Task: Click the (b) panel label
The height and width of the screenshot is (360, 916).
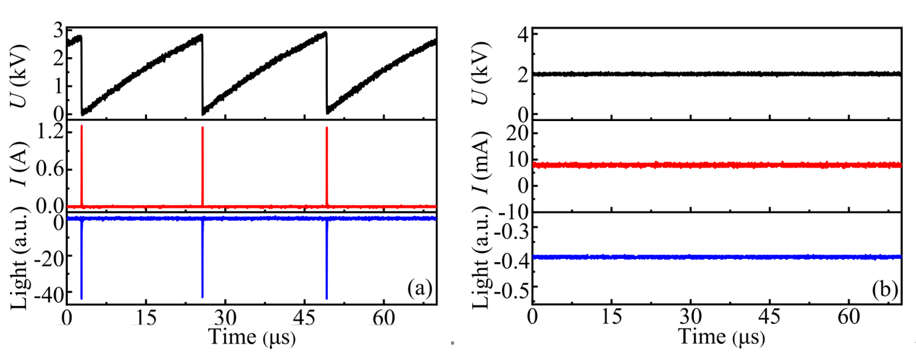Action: tap(886, 289)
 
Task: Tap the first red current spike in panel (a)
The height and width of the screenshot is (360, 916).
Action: tap(81, 166)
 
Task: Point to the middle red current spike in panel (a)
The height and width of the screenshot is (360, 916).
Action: tap(202, 166)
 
